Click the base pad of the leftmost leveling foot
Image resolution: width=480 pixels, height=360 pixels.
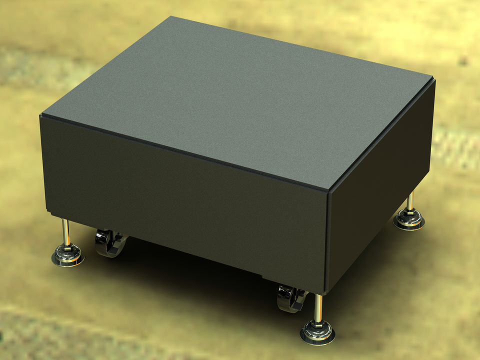[67, 258]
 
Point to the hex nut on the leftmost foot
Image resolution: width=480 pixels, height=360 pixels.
[66, 248]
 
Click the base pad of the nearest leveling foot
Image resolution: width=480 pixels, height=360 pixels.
[317, 335]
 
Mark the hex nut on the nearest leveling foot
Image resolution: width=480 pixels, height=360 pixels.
[317, 324]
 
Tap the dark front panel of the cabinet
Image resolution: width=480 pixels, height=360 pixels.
[185, 200]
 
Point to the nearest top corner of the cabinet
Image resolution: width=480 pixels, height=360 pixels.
[328, 189]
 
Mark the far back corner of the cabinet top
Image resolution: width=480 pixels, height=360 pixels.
[171, 16]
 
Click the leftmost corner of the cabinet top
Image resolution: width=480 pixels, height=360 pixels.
[41, 115]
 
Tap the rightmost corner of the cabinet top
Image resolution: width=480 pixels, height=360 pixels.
[433, 77]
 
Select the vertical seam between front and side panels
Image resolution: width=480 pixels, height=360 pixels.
[327, 240]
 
